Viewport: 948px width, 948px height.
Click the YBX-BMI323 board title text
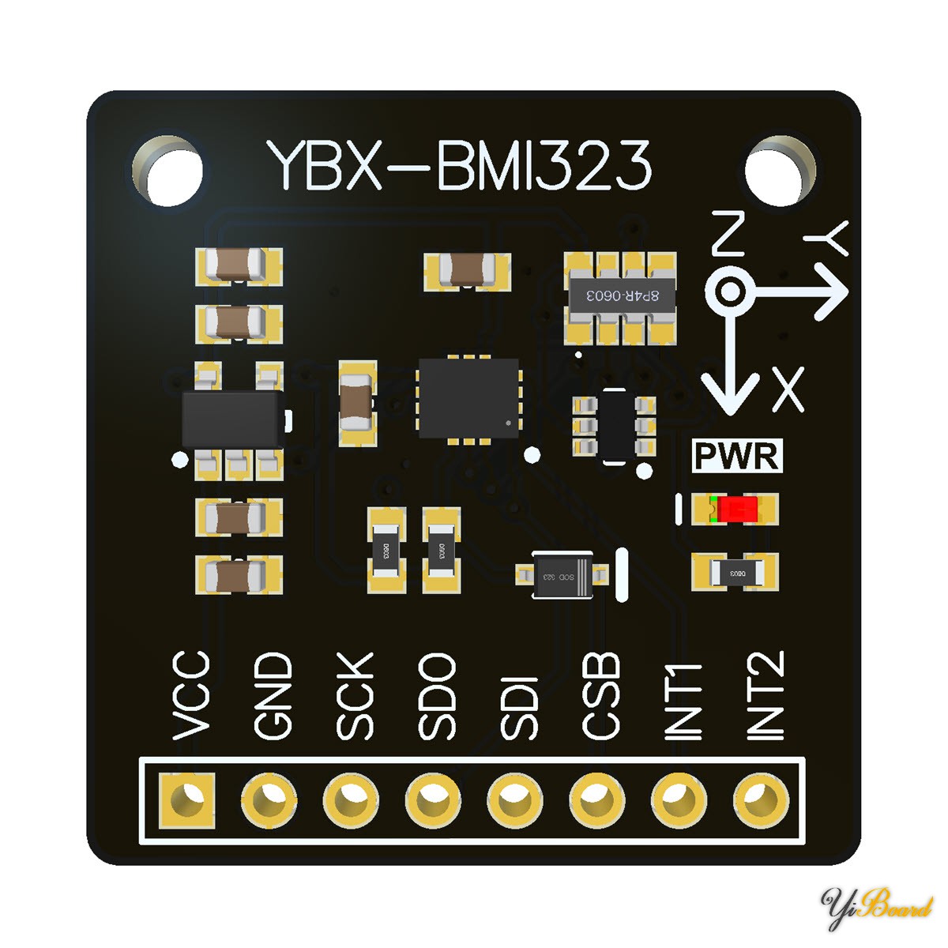[460, 167]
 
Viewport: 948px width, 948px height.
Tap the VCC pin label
[192, 696]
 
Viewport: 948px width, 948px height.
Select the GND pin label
[273, 696]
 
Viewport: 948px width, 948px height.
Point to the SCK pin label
[355, 696]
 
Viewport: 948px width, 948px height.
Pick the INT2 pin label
[766, 696]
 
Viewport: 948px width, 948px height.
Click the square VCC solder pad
[187, 799]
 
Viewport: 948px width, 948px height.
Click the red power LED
[735, 509]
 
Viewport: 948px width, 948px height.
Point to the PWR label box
[737, 456]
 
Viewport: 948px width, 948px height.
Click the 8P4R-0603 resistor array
[621, 298]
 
